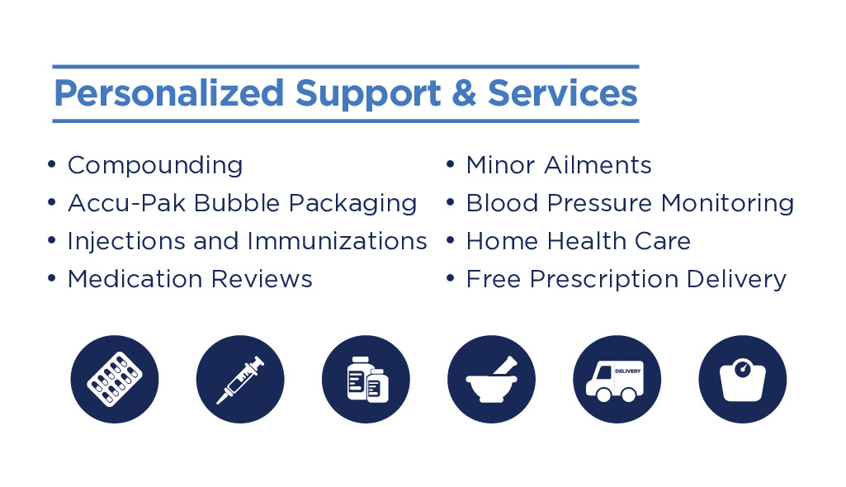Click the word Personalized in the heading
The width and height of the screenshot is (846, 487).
(169, 94)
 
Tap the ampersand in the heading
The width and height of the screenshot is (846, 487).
(464, 92)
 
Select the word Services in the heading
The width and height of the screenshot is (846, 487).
(563, 92)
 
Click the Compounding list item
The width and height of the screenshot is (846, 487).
(155, 166)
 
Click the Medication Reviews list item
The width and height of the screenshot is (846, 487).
(190, 279)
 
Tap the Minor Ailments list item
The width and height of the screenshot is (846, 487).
(559, 165)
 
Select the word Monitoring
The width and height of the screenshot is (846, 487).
(728, 204)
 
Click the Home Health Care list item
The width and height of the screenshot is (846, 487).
(579, 241)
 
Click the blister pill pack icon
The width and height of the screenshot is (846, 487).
(115, 379)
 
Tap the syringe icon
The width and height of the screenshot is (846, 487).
(240, 379)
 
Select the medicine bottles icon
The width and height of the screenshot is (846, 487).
(366, 379)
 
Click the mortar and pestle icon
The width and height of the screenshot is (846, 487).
(492, 379)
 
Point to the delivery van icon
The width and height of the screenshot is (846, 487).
(617, 379)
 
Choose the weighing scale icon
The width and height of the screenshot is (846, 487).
(742, 379)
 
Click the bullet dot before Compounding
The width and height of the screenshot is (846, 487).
(52, 164)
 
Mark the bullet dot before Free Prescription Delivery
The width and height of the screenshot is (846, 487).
(451, 279)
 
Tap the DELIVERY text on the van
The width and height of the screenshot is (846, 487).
(628, 371)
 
